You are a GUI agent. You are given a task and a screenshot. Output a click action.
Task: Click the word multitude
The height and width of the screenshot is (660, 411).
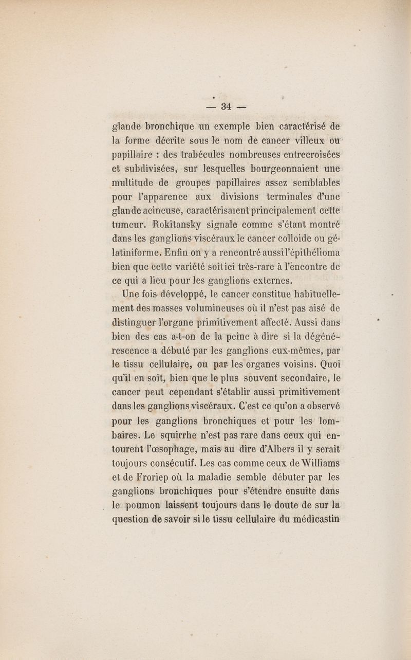click(133, 182)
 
